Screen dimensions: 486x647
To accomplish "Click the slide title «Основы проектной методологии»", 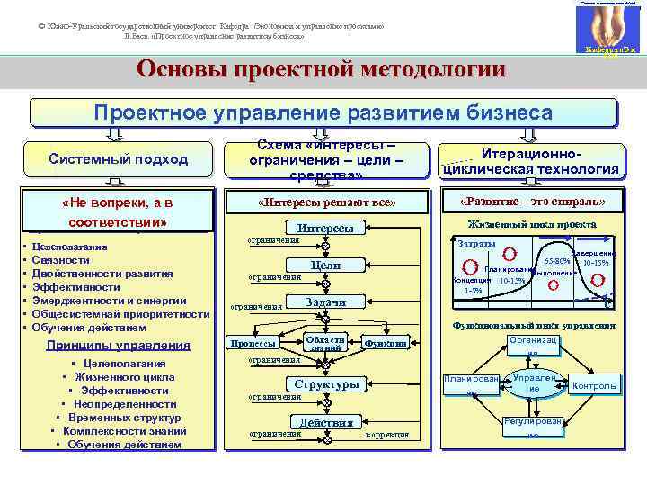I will pyautogui.click(x=321, y=70).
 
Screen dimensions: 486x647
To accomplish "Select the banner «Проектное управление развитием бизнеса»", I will pyautogui.click(x=324, y=112).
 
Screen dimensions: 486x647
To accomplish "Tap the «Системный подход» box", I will pyautogui.click(x=119, y=159).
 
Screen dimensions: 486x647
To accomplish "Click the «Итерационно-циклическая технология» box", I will pyautogui.click(x=528, y=160).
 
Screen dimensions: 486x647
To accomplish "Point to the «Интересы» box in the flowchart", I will pyautogui.click(x=325, y=229).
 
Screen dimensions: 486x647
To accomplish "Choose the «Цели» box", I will pyautogui.click(x=324, y=265).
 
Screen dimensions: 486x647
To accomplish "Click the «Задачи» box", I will pyautogui.click(x=325, y=302).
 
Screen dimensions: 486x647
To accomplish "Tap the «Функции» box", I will pyautogui.click(x=386, y=343).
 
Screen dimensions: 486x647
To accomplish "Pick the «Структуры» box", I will pyautogui.click(x=325, y=384).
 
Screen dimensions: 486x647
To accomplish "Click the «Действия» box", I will pyautogui.click(x=325, y=422).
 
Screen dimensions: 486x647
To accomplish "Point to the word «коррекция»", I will pyautogui.click(x=387, y=435).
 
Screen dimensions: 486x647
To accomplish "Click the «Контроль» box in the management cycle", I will pyautogui.click(x=595, y=386).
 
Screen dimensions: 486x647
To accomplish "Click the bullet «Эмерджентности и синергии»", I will pyautogui.click(x=109, y=301).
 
